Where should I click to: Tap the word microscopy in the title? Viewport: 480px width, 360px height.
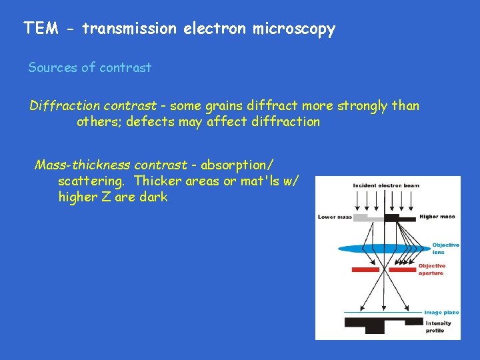coord(294,29)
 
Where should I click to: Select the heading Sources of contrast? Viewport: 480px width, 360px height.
coord(89,67)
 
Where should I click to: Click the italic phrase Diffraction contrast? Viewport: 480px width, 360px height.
coord(93,106)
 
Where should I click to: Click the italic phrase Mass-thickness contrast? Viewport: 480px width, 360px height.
coord(111,165)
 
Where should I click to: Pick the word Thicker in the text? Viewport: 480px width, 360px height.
coord(157,181)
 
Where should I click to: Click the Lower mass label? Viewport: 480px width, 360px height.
coord(335,217)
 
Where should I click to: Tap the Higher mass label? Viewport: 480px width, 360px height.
coord(437,217)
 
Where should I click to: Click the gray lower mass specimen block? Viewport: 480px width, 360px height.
coord(368,217)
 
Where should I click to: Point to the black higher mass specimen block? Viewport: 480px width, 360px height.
coord(399,217)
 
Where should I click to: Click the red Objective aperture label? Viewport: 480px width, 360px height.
coord(431,269)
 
